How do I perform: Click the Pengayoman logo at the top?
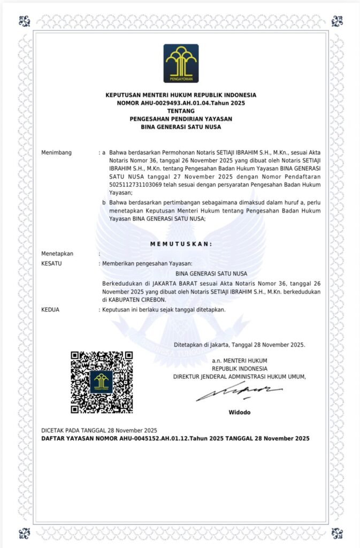(181, 63)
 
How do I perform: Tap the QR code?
(102, 382)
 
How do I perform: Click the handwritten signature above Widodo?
(239, 393)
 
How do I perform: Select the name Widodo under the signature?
(239, 412)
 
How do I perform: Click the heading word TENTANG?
(181, 110)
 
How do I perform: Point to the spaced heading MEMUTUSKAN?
(181, 243)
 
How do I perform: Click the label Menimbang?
(56, 153)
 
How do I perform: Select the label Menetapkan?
(57, 254)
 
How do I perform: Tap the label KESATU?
(51, 263)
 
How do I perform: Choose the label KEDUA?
(50, 309)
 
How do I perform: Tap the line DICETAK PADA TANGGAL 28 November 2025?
(99, 430)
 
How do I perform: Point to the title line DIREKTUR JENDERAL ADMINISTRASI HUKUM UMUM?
(239, 376)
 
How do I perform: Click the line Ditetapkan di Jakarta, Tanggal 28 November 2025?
(240, 345)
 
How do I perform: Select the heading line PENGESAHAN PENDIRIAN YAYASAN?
(181, 118)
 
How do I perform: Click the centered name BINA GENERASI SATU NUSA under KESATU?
(207, 273)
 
